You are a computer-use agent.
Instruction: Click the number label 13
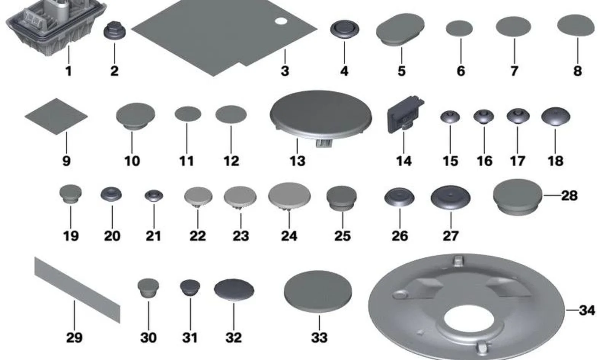pos(297,161)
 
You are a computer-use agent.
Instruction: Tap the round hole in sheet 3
pos(281,21)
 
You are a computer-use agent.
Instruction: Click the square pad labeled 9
pos(56,116)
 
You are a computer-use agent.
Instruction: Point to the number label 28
pos(569,196)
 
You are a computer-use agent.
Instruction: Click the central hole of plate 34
pos(469,319)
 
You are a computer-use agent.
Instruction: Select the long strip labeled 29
pos(77,290)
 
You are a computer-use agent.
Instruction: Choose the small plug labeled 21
pos(154,196)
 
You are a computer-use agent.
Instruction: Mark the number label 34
pos(587,310)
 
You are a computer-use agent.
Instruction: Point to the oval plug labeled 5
pos(400,30)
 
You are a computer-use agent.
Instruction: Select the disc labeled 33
pos(318,292)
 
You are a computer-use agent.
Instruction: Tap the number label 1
pos(69,71)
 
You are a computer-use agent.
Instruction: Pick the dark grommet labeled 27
pos(451,198)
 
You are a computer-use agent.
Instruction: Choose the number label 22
pos(198,236)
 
